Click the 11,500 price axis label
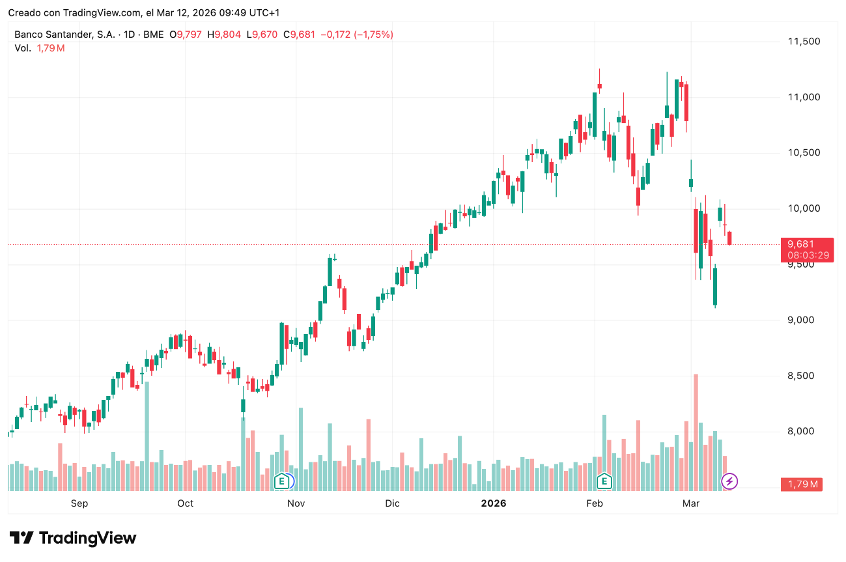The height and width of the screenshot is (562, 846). tap(804, 42)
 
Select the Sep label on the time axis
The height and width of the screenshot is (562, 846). tap(79, 503)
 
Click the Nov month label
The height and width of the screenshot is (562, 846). tap(296, 503)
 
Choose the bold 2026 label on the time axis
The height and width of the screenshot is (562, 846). tap(493, 503)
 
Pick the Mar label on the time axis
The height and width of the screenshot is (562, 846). tap(690, 503)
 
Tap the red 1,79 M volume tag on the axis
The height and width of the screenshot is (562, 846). tap(802, 484)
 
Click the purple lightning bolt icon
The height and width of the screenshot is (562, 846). tap(730, 482)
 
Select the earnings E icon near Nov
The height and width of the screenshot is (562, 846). tap(281, 482)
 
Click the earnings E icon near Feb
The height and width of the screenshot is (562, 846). tap(604, 482)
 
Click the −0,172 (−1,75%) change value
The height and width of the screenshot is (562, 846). tap(357, 35)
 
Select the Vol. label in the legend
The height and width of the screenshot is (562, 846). tap(22, 48)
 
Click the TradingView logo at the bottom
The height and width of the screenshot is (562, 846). tap(73, 539)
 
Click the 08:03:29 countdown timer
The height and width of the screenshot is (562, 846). tap(808, 255)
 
